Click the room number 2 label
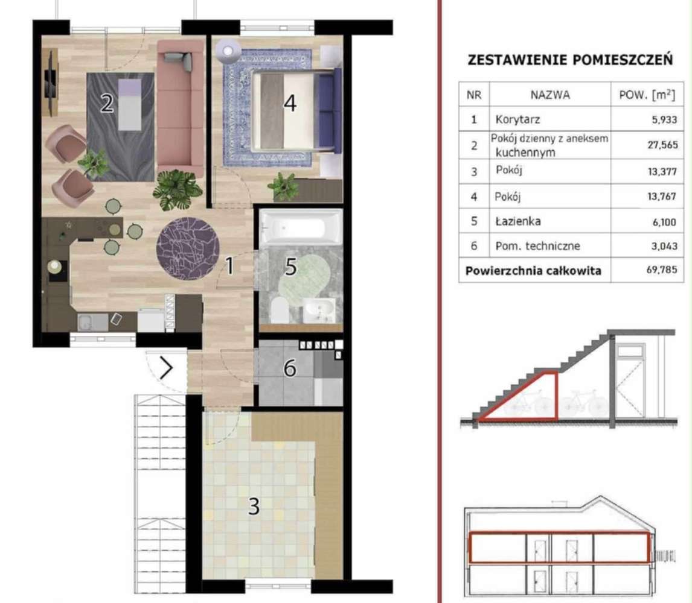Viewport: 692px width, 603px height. pos(107,104)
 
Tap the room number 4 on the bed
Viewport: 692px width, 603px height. pos(290,104)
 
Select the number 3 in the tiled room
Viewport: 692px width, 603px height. pos(254,507)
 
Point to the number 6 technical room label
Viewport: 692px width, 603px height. pos(290,367)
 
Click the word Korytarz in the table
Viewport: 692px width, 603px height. pos(511,119)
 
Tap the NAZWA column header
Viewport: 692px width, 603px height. pos(549,95)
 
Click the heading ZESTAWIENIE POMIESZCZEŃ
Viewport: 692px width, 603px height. pos(570,60)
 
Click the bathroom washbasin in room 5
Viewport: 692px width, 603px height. pos(319,311)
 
